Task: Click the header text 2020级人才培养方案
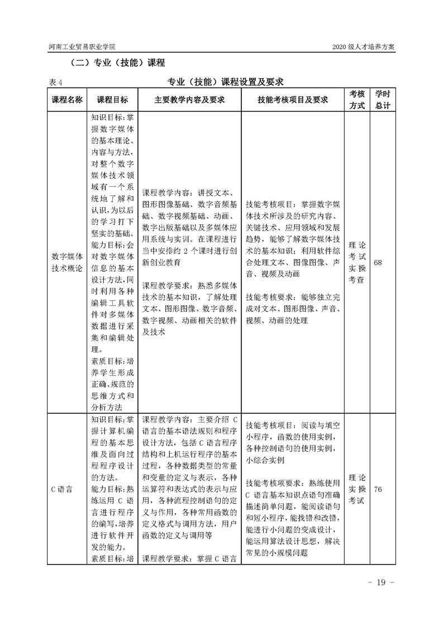(x=364, y=47)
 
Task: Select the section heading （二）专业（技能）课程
(x=115, y=62)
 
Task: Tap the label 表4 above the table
(x=55, y=82)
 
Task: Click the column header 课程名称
(x=67, y=99)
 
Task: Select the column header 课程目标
(x=112, y=99)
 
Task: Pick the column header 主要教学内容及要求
(x=189, y=99)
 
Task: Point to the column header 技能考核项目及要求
(x=292, y=99)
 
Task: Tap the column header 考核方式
(x=357, y=99)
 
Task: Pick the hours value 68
(x=378, y=262)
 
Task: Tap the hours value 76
(x=378, y=489)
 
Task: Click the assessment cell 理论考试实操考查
(x=357, y=262)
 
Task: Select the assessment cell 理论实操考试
(x=357, y=489)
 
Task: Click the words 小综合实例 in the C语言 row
(x=265, y=460)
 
